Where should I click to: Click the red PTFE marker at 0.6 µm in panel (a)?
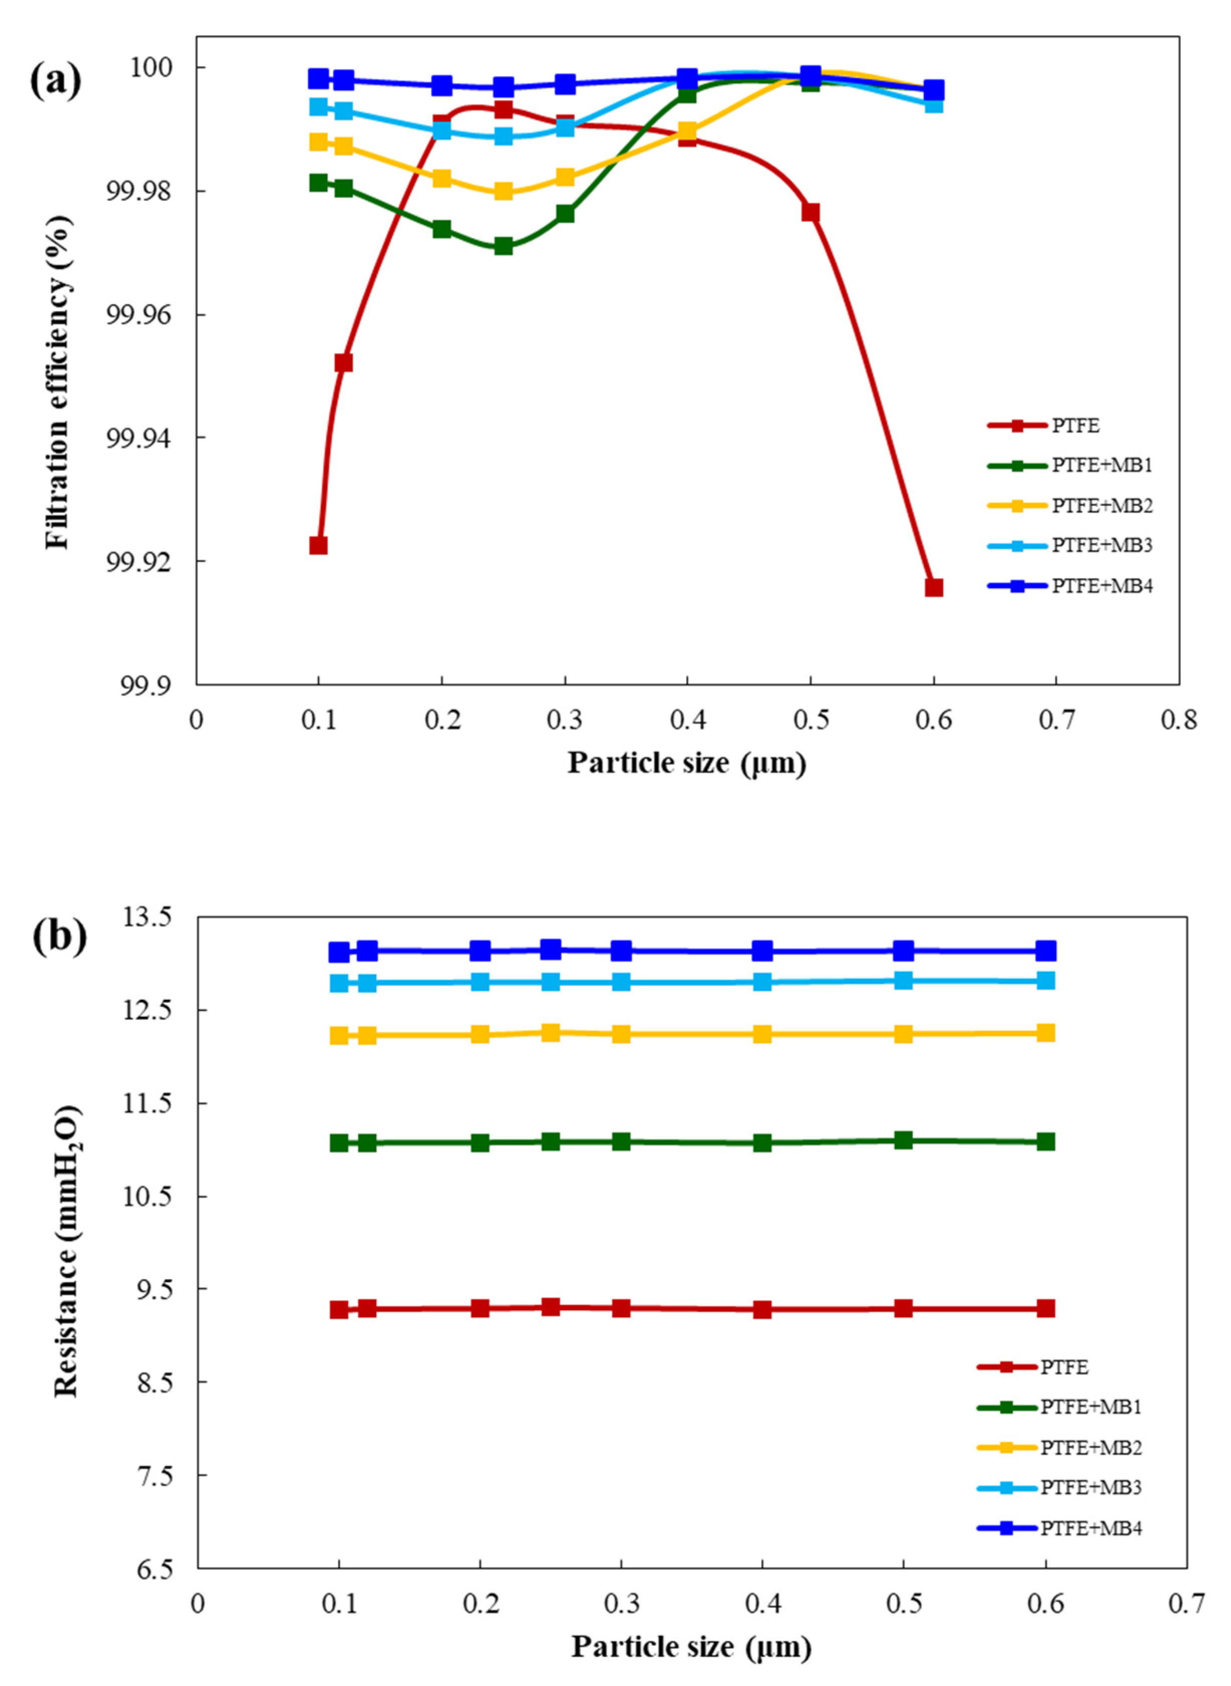934,587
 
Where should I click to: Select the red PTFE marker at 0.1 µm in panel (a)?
318,545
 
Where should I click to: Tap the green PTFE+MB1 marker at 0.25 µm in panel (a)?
504,246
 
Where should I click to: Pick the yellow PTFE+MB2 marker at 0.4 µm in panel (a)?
687,132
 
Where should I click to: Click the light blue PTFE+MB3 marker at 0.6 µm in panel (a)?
934,104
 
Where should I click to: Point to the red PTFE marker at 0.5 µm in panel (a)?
811,212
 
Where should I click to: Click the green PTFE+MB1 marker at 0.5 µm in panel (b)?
903,1140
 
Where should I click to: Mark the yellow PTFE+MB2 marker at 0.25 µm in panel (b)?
551,1032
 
